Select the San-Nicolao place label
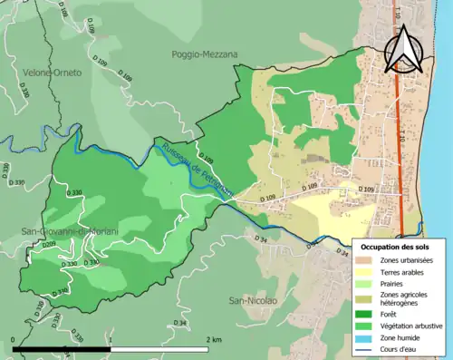251,300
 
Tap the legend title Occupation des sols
395,247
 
